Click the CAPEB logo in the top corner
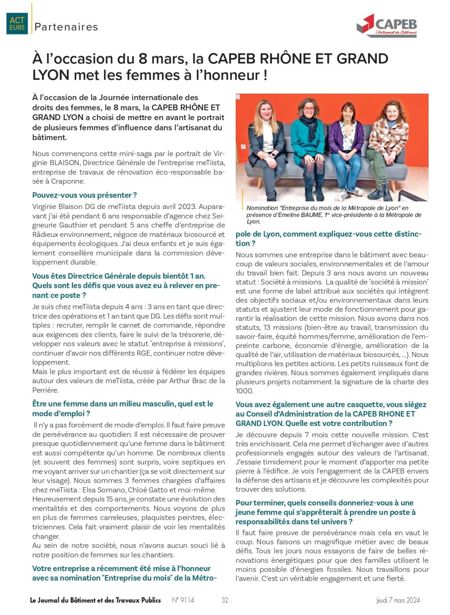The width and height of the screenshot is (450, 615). (x=386, y=24)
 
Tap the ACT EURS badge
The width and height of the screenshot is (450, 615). (x=17, y=23)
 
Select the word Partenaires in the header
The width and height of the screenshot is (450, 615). (x=66, y=27)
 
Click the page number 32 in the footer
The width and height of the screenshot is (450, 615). (x=225, y=600)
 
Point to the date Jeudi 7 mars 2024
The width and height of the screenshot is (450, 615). (x=397, y=600)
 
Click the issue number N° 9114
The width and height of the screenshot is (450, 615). (x=183, y=600)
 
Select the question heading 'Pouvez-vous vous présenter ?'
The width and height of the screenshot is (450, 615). (x=84, y=195)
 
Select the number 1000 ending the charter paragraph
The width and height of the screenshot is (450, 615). (x=244, y=391)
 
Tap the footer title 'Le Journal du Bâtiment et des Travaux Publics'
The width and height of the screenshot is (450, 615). (x=96, y=600)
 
